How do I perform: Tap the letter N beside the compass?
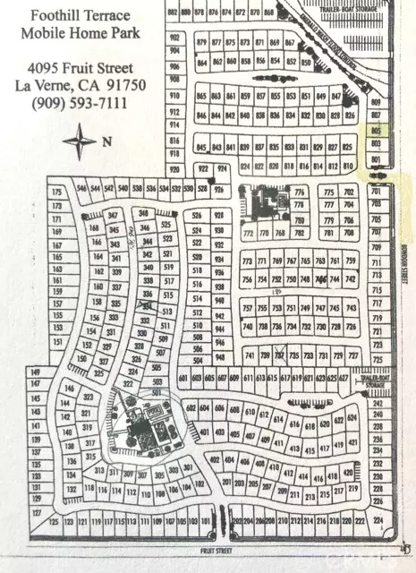pos(106,141)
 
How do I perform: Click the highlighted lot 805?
pos(376,130)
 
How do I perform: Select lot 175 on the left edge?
pos(58,192)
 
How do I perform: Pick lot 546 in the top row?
pos(83,188)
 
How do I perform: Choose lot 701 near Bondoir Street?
pos(376,192)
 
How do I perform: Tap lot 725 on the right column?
pos(376,360)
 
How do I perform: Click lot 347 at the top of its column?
pos(113,216)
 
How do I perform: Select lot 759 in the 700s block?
pos(350,261)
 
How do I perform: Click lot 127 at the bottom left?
pos(37,513)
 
